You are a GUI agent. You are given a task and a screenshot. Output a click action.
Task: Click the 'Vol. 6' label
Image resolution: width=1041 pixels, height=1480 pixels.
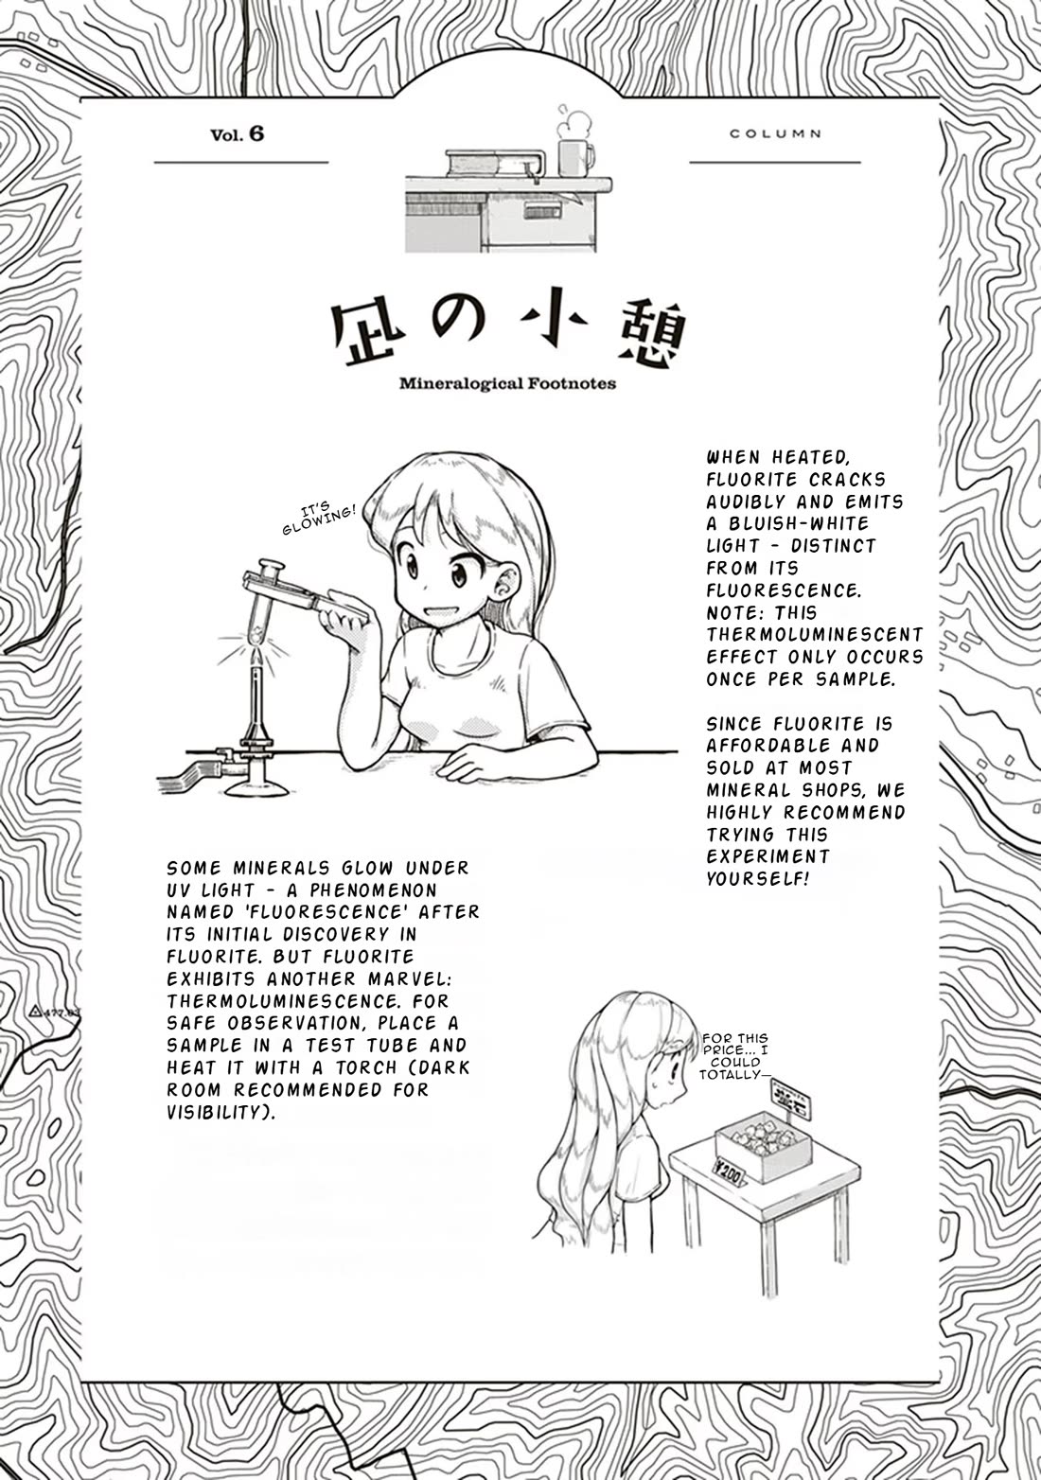[238, 134]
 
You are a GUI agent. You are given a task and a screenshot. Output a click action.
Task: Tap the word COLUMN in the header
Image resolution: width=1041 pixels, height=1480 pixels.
[775, 134]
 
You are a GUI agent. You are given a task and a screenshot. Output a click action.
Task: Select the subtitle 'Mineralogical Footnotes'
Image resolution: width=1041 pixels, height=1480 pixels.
[507, 383]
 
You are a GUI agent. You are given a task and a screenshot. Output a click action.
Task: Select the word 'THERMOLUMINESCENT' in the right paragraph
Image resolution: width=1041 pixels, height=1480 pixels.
[815, 634]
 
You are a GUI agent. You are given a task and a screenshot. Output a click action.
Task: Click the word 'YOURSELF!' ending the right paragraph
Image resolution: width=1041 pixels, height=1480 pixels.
[759, 879]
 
